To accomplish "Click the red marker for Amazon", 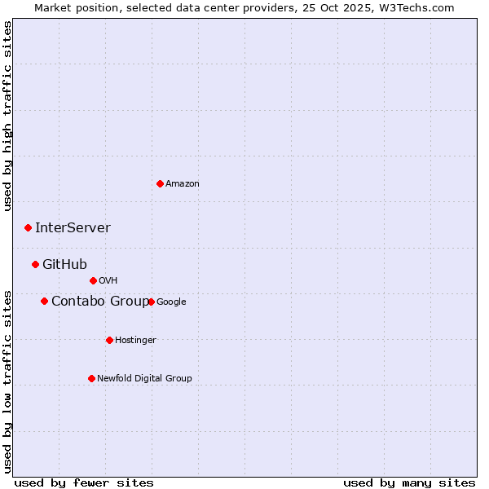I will (x=160, y=183).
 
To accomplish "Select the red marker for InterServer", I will (x=28, y=227).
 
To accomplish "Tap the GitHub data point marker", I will (x=35, y=264).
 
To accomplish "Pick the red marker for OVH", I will (x=93, y=280).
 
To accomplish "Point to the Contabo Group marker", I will (x=44, y=301).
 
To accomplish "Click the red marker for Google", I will (x=152, y=302).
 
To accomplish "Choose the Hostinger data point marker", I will (x=109, y=340).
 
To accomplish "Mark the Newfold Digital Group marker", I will (x=91, y=378).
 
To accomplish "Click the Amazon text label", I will (x=183, y=184).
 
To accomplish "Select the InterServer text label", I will (x=73, y=228).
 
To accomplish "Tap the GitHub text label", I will (x=64, y=264).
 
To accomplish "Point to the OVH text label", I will (x=108, y=281).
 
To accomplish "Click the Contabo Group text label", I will (x=99, y=302).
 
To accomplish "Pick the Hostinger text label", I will (x=135, y=341).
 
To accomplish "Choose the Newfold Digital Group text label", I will (x=144, y=378).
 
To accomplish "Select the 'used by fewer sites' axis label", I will (x=83, y=482).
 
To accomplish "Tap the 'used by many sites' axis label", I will (x=409, y=482).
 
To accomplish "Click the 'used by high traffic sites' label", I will (x=8, y=117).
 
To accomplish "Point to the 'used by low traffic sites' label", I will (x=8, y=381).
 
